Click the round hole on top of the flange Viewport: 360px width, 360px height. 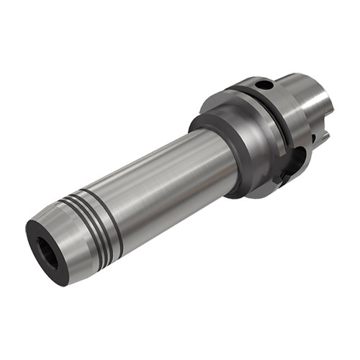267,86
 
